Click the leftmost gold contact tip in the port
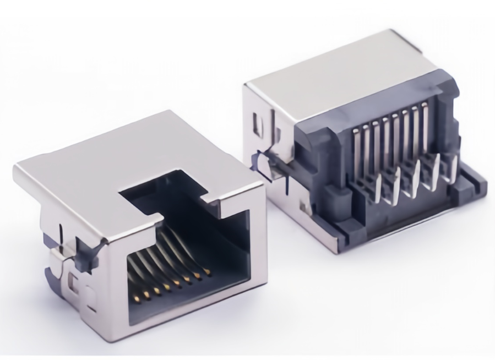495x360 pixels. [x=136, y=299]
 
